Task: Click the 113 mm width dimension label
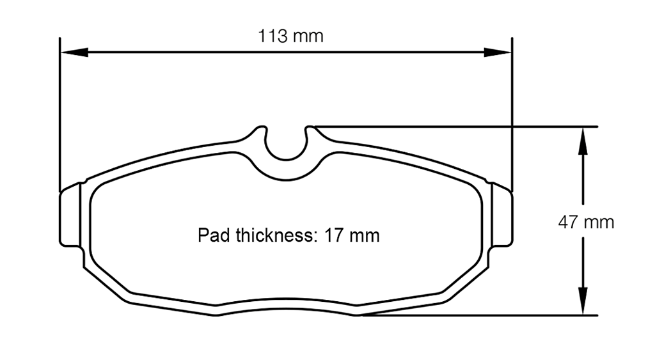tap(290, 36)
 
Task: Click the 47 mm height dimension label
tap(586, 223)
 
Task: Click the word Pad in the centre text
tap(212, 236)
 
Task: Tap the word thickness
tap(274, 236)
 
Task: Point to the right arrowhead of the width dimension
tap(498, 52)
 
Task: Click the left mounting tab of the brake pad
tap(71, 217)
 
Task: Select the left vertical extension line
tap(59, 115)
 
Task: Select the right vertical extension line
tap(512, 115)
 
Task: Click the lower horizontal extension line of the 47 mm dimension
tap(480, 315)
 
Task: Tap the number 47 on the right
tap(569, 223)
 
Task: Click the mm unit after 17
tap(364, 236)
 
